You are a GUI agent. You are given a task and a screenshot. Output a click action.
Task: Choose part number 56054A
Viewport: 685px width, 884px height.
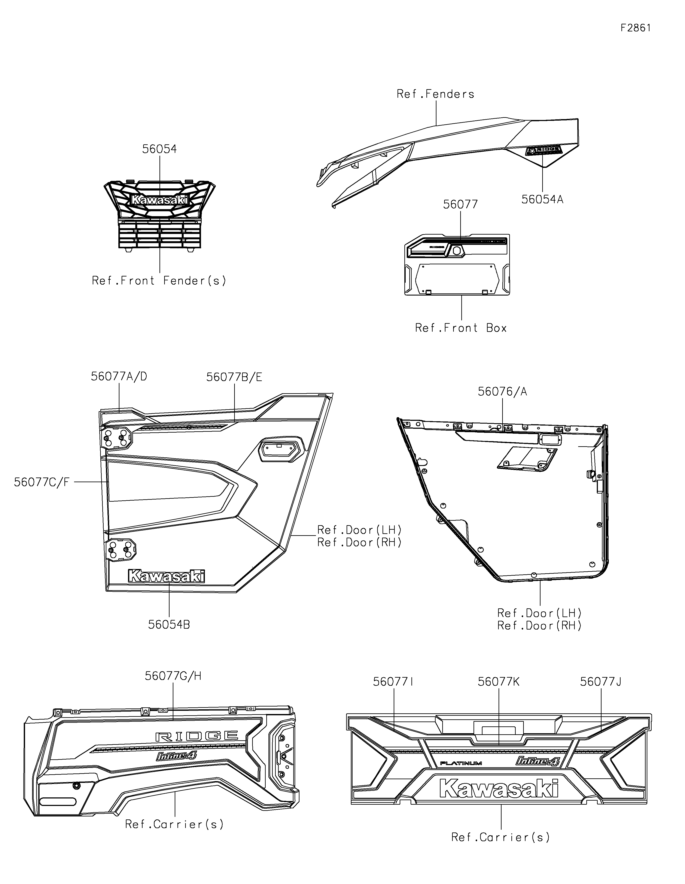(542, 200)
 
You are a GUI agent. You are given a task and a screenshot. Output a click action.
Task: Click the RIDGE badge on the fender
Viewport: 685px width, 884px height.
(544, 151)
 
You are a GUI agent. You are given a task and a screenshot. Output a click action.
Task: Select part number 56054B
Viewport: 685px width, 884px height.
(169, 625)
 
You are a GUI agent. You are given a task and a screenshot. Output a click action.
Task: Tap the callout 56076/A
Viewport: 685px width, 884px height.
(502, 392)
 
